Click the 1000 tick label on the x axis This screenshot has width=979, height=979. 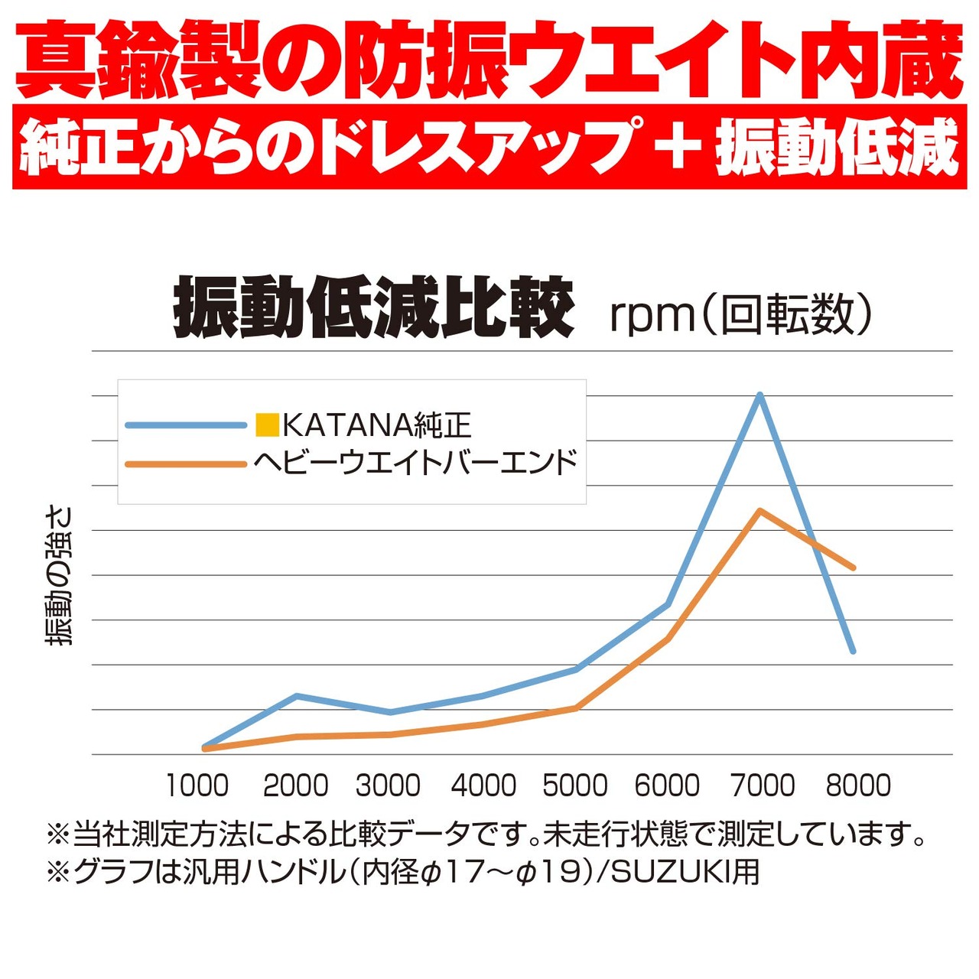coord(197,785)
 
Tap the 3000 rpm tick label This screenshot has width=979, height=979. coord(388,785)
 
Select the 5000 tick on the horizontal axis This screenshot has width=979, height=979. coord(575,785)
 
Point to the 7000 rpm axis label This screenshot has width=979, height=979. coord(763,785)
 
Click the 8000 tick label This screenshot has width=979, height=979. coord(858,785)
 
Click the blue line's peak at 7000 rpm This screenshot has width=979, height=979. coord(759,395)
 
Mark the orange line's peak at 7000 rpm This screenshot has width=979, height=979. coord(759,510)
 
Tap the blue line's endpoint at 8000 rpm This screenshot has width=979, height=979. coord(853,651)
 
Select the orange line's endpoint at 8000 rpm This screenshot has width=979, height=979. coord(853,568)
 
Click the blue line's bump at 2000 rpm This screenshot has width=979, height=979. coord(297,696)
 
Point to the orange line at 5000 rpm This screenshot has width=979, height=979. coord(576,707)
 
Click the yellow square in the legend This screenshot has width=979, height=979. coord(268,425)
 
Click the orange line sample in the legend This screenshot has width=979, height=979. coord(186,463)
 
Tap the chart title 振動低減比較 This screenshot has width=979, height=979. coord(374,308)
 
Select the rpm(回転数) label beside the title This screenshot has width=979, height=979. coord(740,314)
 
